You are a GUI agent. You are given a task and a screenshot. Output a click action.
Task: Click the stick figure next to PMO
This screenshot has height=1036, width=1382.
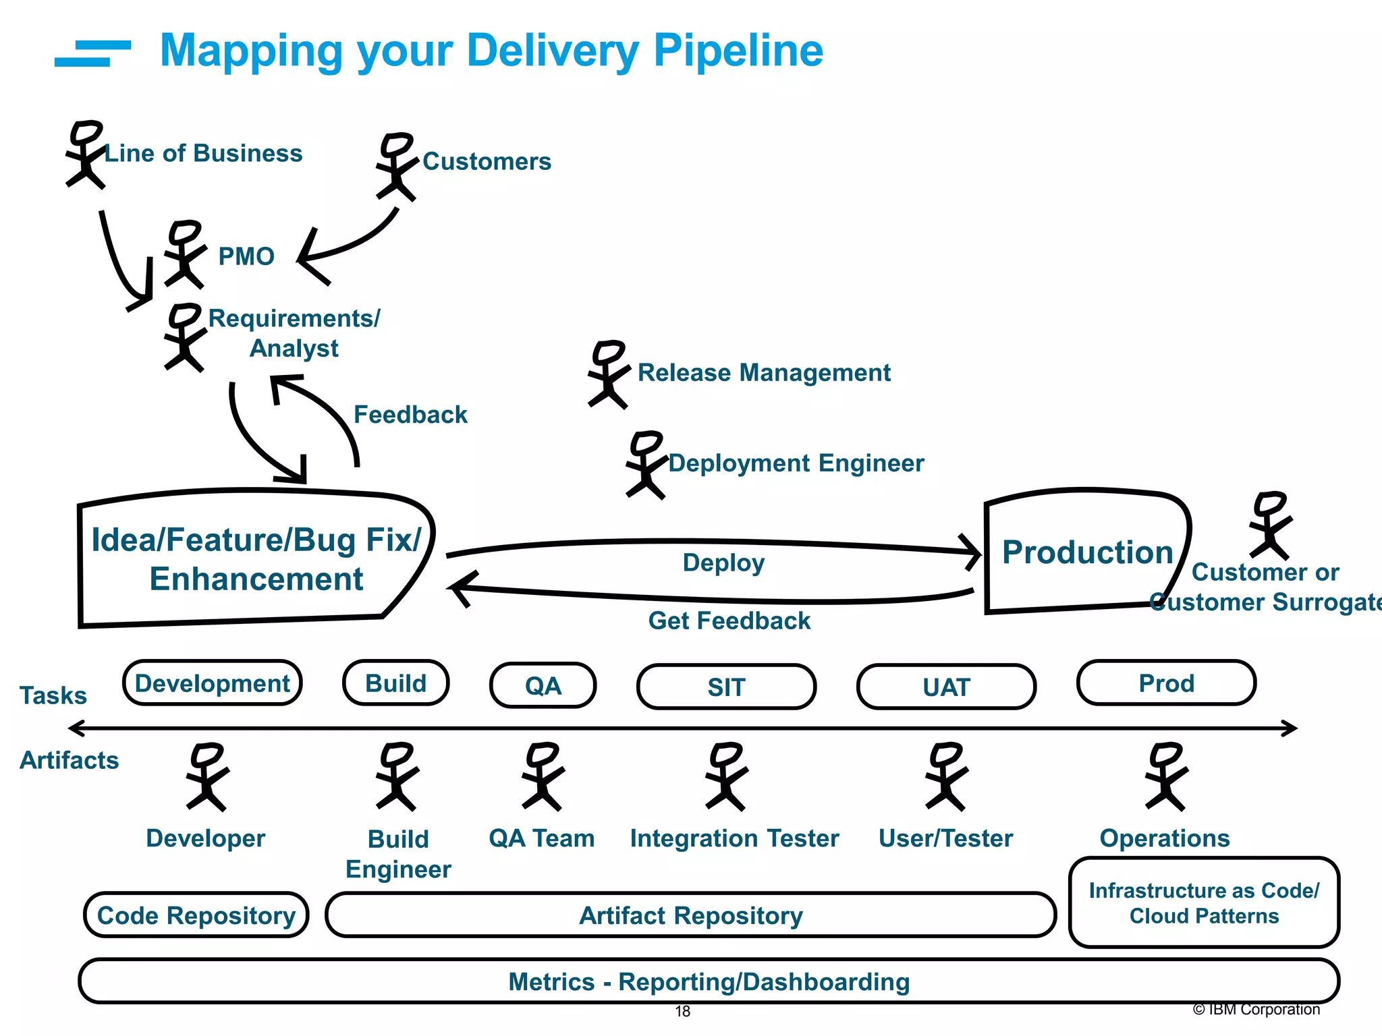[184, 254]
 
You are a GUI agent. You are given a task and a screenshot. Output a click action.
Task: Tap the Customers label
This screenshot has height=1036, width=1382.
[487, 162]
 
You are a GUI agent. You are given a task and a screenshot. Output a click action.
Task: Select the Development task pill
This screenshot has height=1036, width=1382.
[212, 683]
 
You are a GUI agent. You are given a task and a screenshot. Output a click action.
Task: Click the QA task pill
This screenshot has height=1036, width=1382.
[543, 686]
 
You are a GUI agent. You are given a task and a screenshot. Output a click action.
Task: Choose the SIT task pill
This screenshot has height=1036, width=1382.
[726, 687]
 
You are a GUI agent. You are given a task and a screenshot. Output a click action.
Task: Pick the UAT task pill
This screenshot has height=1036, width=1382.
[946, 687]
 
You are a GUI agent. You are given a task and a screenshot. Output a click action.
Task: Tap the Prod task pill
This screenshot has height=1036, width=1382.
[1166, 683]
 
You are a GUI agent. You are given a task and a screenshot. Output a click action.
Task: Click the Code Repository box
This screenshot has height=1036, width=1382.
[196, 915]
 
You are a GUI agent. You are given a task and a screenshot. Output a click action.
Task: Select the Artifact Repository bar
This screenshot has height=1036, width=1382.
[690, 915]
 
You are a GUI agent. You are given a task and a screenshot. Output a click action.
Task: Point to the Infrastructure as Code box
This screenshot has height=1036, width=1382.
[1204, 902]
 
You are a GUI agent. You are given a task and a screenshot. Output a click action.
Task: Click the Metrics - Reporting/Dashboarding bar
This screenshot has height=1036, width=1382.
[709, 981]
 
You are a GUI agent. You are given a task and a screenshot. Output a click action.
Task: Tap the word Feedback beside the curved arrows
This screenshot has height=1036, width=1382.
[410, 414]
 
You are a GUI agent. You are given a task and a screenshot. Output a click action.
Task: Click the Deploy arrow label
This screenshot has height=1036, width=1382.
[723, 563]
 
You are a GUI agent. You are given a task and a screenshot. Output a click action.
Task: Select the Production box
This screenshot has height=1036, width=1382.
[1086, 552]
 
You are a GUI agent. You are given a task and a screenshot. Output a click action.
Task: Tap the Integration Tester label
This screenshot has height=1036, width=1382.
[734, 838]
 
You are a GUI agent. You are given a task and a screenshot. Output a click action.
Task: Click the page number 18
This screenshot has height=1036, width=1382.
[683, 1012]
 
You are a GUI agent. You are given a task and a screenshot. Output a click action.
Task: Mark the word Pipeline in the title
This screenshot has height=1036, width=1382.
[738, 51]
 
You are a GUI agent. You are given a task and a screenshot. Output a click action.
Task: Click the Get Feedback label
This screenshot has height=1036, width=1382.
[729, 621]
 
